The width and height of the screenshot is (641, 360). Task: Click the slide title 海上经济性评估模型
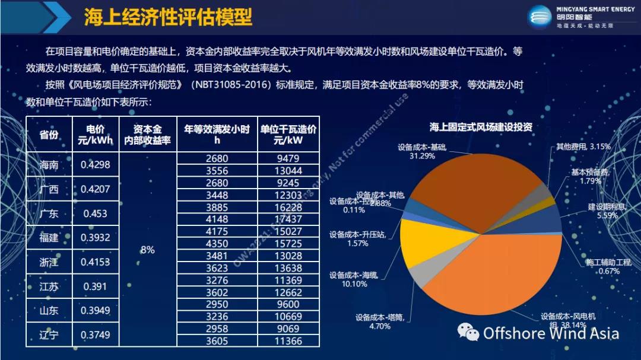(168, 18)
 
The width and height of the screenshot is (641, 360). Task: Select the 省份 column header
(49, 135)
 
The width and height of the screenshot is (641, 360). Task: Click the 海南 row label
(49, 165)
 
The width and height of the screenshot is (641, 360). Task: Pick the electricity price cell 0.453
(95, 214)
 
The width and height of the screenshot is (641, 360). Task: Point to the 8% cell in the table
(147, 250)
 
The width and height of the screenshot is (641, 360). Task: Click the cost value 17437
(288, 219)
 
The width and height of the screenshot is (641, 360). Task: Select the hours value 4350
(217, 244)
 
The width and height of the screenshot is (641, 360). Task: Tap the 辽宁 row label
(49, 335)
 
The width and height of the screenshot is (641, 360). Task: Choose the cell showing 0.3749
(95, 335)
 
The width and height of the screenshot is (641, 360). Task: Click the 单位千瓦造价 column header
(288, 135)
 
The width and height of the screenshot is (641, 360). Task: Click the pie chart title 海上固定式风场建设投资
(481, 127)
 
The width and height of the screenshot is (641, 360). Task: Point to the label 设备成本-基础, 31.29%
(422, 151)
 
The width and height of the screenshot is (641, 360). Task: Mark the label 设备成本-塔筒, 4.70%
(380, 321)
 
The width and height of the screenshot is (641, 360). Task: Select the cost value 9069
(288, 329)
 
